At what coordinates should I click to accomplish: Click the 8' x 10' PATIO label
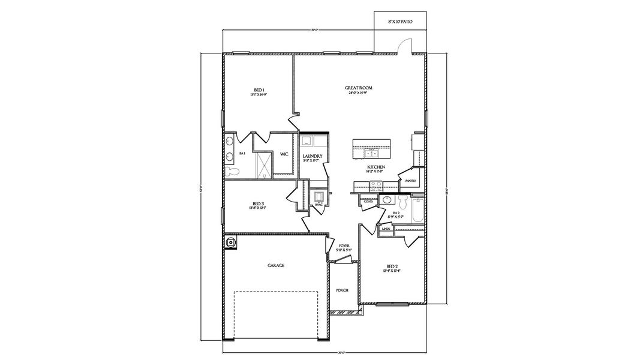click(x=400, y=21)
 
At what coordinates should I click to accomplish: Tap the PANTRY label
click(x=410, y=181)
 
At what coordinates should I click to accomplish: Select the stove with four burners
click(x=376, y=185)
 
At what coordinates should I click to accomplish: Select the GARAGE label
click(x=275, y=265)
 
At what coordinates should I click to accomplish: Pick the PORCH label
click(x=342, y=290)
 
